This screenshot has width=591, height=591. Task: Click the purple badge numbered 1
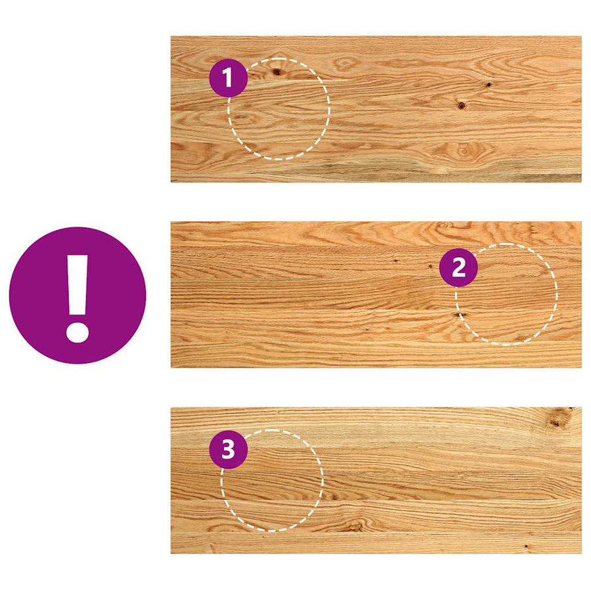228,77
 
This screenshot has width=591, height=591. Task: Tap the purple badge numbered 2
458,267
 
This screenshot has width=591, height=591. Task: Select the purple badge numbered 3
228,450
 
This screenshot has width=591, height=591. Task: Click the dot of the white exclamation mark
77,332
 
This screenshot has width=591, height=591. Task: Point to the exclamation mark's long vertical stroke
77,284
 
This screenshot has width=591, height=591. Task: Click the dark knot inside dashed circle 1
276,72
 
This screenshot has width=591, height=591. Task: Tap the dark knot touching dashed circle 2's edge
459,315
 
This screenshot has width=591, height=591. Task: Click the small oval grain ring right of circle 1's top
344,63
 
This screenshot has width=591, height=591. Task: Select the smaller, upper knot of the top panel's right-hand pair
489,85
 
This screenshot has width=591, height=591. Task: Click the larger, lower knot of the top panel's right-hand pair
462,105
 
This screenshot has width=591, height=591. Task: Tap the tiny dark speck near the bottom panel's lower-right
526,546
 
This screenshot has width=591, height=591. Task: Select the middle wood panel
376,295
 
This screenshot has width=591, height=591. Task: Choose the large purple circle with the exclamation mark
77,295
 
